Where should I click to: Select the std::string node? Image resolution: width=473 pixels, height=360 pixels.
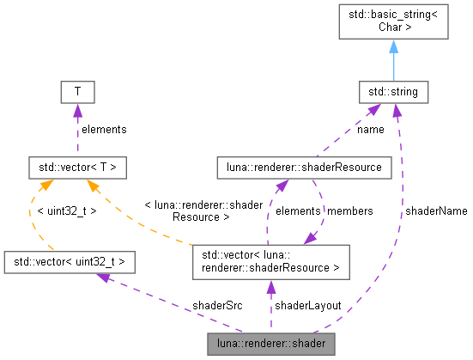click(393, 90)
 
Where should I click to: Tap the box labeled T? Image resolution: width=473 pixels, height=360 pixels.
click(76, 90)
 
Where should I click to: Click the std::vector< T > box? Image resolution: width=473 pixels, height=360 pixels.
click(77, 167)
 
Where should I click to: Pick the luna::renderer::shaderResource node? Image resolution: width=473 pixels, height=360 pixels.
click(304, 167)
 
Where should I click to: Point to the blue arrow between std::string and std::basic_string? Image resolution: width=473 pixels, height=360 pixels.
click(393, 62)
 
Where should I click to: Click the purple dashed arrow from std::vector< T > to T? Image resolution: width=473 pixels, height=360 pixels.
click(76, 129)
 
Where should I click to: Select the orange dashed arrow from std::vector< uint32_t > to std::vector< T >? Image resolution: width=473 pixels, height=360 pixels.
click(34, 215)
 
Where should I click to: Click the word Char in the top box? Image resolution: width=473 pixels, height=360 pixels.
click(393, 27)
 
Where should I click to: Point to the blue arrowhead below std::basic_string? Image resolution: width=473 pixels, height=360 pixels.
click(393, 46)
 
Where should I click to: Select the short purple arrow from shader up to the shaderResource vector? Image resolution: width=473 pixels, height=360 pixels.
click(270, 305)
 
